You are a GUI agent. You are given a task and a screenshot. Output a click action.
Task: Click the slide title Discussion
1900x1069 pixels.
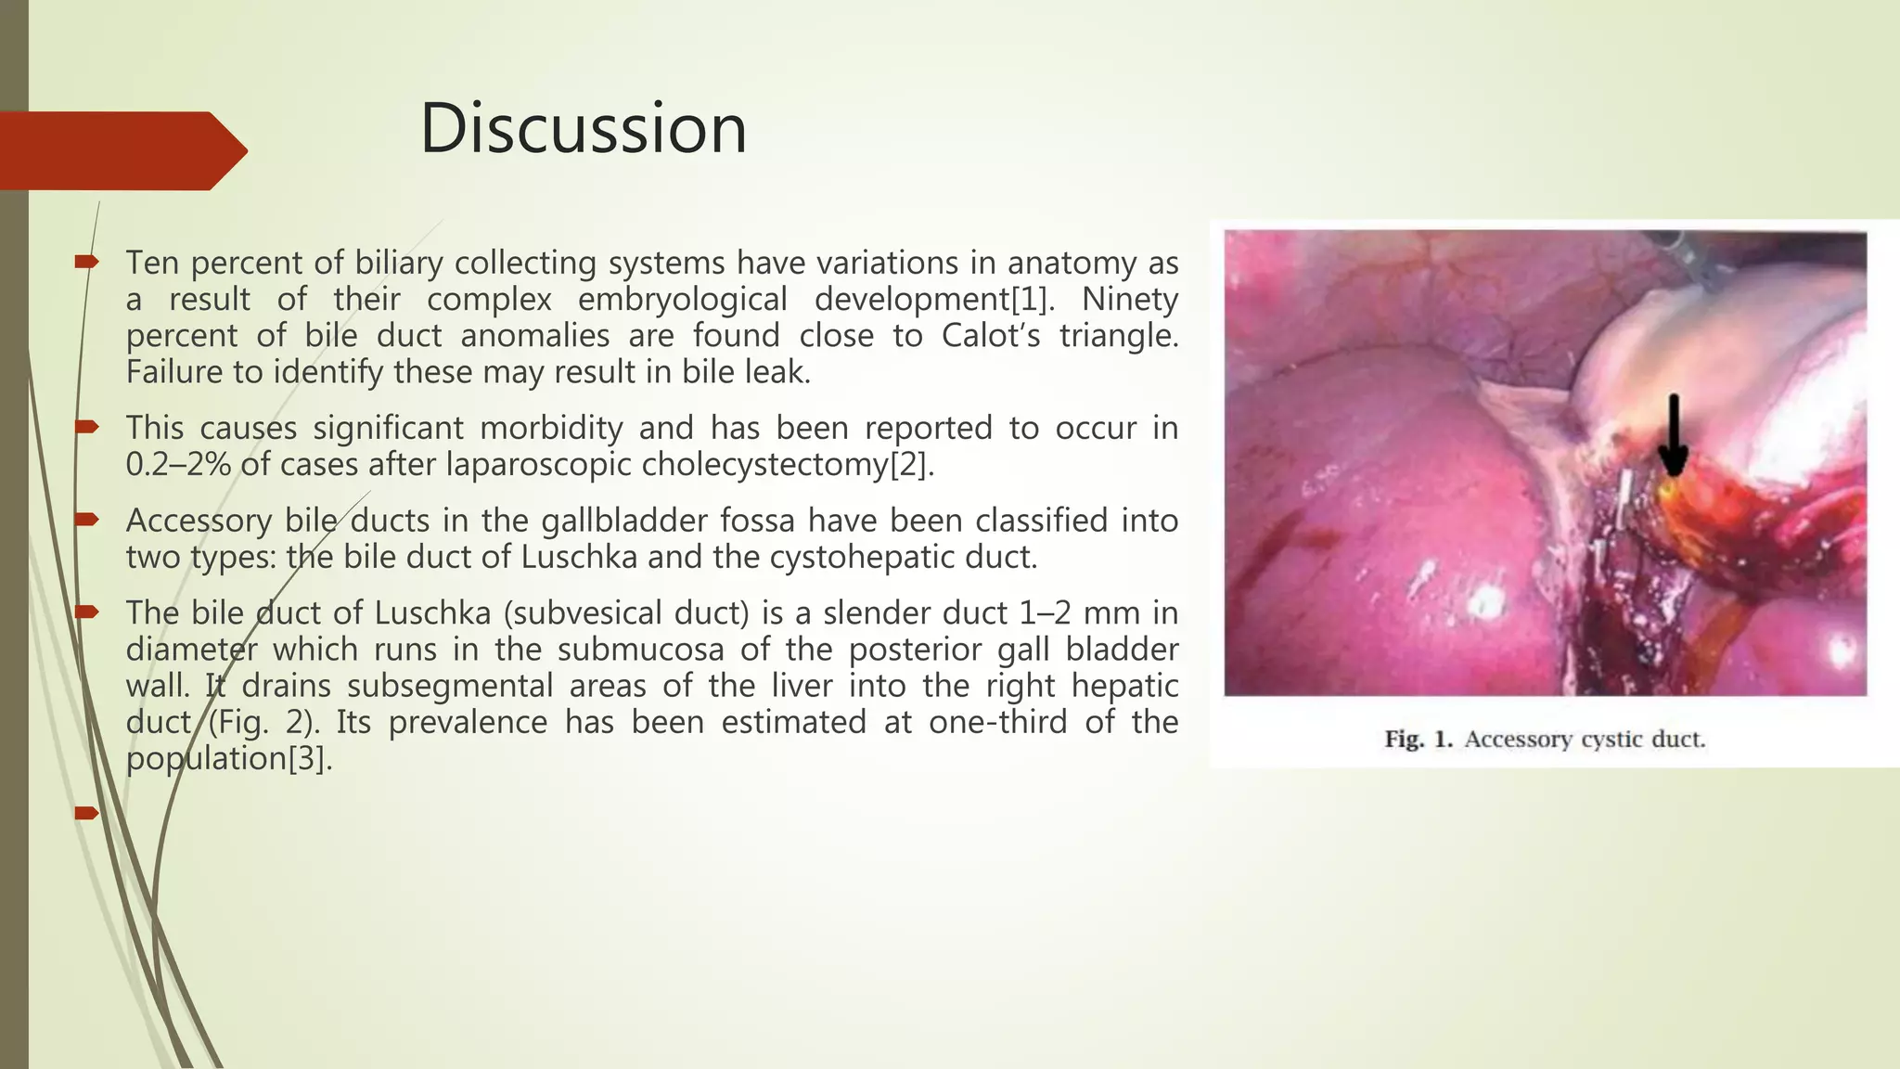583,128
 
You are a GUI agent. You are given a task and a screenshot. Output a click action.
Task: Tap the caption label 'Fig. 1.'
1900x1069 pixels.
1419,740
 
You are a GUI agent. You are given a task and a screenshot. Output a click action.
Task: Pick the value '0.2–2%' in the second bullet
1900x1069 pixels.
178,465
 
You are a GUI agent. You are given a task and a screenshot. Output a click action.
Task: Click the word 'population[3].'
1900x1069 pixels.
229,759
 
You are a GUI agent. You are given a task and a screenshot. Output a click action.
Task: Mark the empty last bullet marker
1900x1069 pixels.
86,814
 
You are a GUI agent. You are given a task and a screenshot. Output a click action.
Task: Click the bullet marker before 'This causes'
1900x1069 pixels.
86,428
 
